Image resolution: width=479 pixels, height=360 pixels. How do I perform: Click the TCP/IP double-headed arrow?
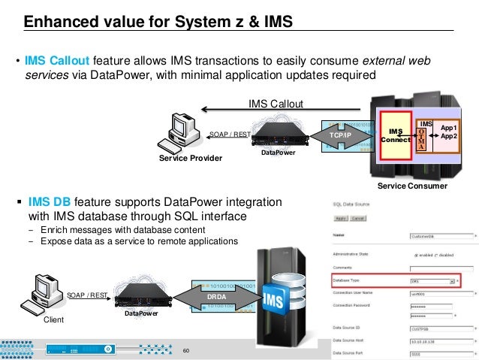(340, 135)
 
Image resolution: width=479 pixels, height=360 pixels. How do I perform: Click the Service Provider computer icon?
(182, 132)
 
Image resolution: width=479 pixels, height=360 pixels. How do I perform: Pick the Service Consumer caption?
(411, 185)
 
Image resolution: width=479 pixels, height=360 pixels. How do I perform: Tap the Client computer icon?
(43, 294)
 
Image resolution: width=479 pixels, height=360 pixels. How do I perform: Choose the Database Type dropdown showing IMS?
(431, 280)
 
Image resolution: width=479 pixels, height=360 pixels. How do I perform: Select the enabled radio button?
(416, 255)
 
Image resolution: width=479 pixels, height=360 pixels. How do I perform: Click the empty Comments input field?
(443, 268)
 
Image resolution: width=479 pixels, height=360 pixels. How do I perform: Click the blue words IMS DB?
(50, 202)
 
